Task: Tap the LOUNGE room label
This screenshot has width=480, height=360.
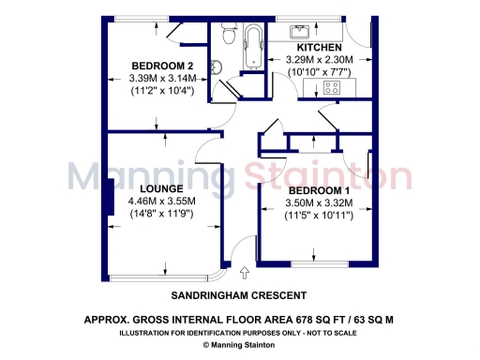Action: click(x=159, y=187)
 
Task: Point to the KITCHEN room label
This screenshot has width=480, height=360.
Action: click(x=319, y=47)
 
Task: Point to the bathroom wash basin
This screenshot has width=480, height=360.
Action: click(x=216, y=66)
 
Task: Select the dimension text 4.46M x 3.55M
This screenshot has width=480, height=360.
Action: click(x=161, y=201)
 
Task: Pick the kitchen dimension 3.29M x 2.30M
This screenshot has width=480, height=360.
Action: click(x=319, y=60)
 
